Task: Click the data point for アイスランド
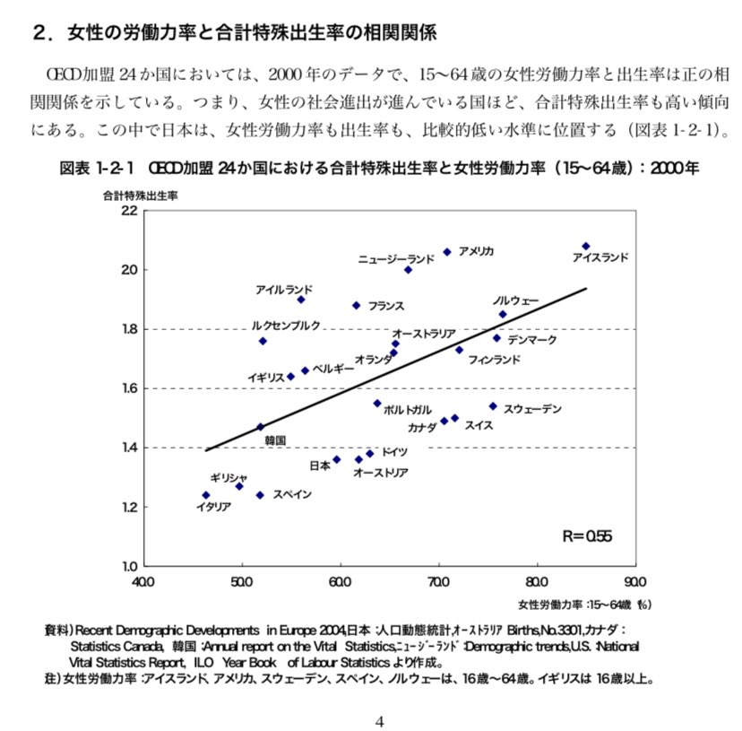coord(586,246)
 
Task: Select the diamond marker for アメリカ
coord(447,252)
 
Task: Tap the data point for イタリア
coord(206,495)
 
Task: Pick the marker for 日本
coord(336,459)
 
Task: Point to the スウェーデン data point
coord(493,406)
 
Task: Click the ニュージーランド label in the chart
coord(396,259)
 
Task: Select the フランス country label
coord(385,307)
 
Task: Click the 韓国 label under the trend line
coord(274,440)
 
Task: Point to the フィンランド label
coord(494,360)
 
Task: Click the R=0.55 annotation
coord(587,536)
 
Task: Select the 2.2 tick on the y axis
coord(128,212)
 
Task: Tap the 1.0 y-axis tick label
coord(128,566)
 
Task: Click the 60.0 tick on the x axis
coord(340,582)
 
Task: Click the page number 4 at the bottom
coord(379,720)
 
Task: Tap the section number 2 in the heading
coord(39,34)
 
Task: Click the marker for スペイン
coord(260,495)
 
